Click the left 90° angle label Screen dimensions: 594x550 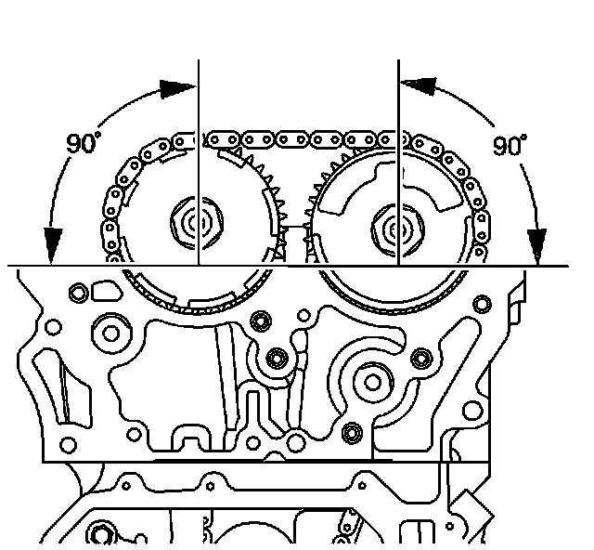click(x=84, y=143)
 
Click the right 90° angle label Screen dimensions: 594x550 click(x=510, y=145)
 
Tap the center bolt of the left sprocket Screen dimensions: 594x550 click(x=197, y=223)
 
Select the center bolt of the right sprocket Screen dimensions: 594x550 click(x=398, y=229)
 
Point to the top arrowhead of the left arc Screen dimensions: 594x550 click(x=177, y=89)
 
